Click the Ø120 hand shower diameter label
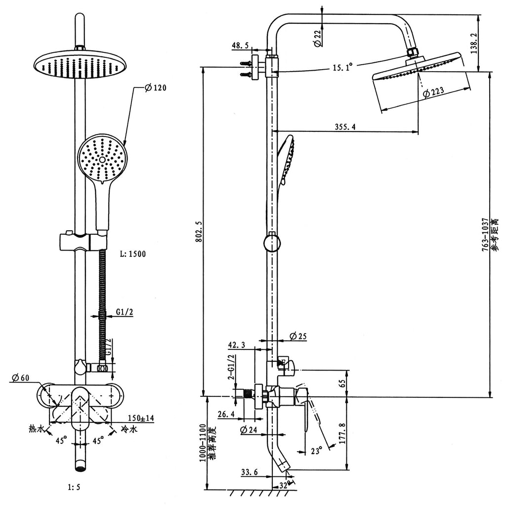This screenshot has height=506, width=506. pyautogui.click(x=156, y=87)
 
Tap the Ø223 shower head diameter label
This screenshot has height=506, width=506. pyautogui.click(x=433, y=91)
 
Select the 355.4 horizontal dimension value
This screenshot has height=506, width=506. pyautogui.click(x=345, y=127)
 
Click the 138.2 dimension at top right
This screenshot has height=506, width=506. pyautogui.click(x=474, y=43)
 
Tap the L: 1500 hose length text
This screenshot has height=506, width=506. pyautogui.click(x=132, y=254)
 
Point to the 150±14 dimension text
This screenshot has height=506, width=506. pyautogui.click(x=141, y=419)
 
